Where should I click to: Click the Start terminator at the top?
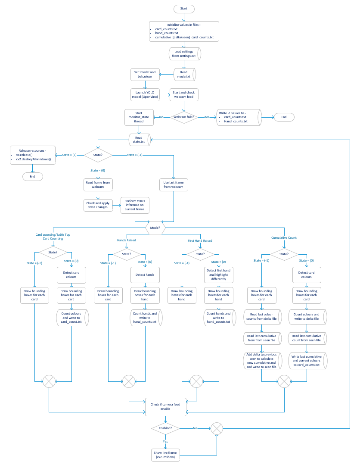(184, 9)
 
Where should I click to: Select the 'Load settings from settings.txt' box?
(184, 53)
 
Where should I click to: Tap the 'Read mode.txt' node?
(184, 74)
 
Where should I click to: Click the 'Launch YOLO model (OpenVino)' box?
(145, 95)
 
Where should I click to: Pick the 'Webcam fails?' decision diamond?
(184, 117)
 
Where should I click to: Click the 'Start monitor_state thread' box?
(139, 117)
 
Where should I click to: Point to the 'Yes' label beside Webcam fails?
(207, 117)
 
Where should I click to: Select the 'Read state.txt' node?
(139, 139)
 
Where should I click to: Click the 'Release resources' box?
(33, 155)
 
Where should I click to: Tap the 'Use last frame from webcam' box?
(174, 184)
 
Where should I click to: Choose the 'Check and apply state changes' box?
(97, 205)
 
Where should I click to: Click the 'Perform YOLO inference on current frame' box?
(135, 205)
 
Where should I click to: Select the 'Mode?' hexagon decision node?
(155, 228)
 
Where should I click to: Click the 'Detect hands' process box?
(145, 274)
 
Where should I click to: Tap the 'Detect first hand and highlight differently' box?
(218, 274)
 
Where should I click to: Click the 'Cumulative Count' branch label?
(284, 237)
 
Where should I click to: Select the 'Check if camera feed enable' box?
(166, 406)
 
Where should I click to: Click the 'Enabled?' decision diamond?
(166, 428)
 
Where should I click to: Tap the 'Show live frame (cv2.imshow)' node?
(166, 454)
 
